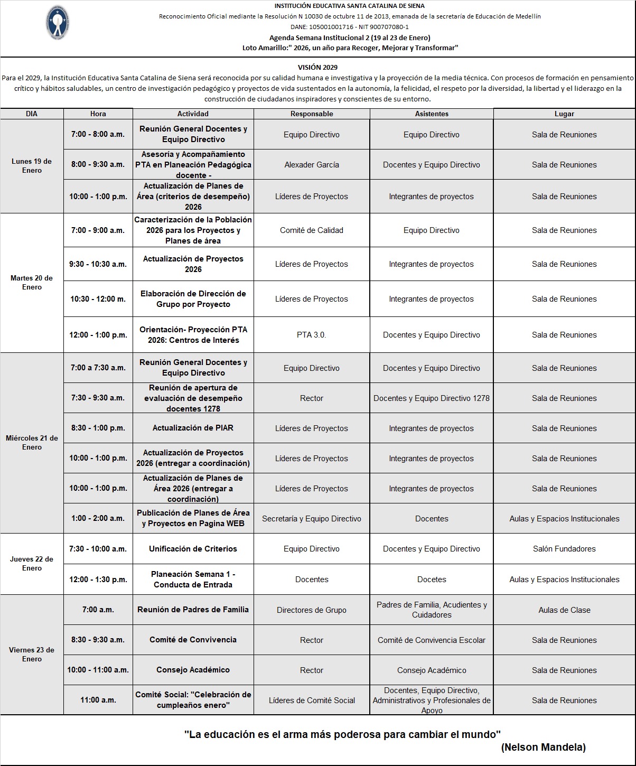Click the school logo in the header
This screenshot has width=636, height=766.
57,23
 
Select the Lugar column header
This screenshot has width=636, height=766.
564,114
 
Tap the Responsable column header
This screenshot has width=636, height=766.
312,114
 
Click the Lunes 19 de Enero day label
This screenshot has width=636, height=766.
32,166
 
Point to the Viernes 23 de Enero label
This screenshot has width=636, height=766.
32,655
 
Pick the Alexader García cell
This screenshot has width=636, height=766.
312,165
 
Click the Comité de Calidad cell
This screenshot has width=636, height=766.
312,230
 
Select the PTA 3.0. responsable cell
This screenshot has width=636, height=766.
312,335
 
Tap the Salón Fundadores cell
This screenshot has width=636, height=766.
564,549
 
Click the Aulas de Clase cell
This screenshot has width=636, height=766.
564,610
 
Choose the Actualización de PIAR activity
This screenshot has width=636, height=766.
193,428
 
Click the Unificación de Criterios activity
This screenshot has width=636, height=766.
193,549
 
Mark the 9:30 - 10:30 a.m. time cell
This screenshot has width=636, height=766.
98,264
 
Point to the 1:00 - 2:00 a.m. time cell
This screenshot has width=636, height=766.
98,518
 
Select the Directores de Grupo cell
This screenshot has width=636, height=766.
312,610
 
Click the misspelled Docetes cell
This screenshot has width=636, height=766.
432,580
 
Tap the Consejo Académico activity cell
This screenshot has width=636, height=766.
193,670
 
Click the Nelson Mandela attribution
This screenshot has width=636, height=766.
543,748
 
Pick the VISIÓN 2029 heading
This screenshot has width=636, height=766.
317,67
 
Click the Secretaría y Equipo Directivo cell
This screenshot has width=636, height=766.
312,519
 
